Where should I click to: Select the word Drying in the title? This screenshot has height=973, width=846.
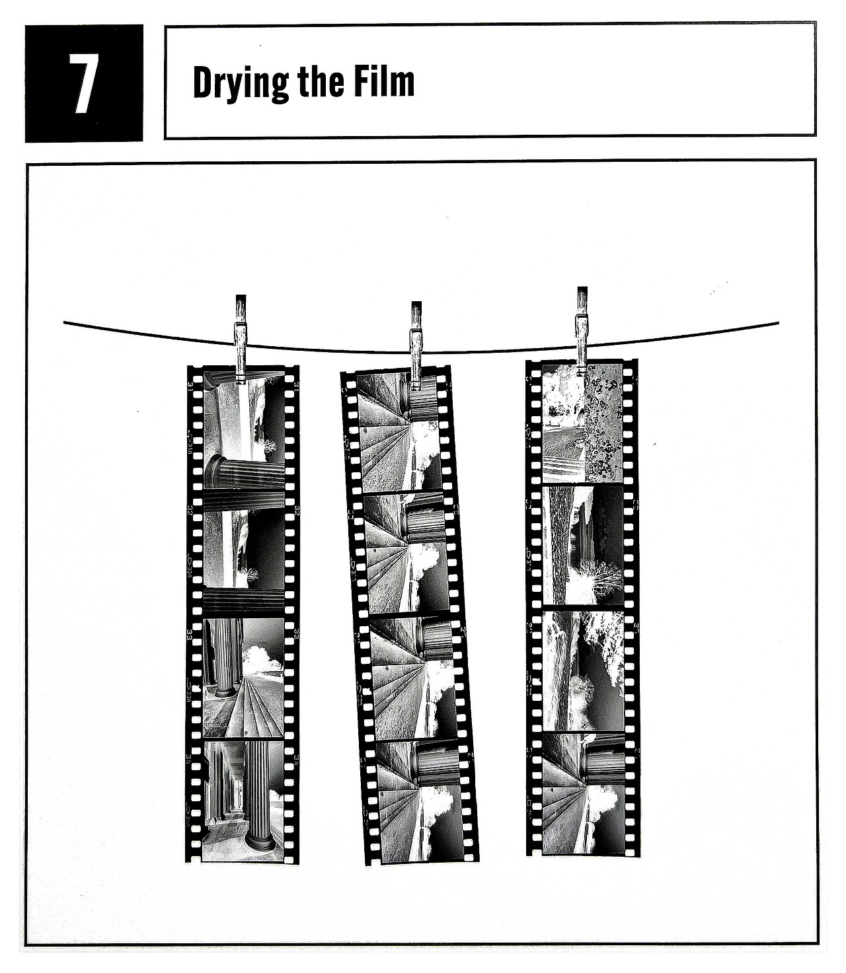click(241, 84)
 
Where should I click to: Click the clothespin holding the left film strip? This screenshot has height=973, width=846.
click(241, 339)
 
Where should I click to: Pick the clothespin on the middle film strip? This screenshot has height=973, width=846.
click(416, 344)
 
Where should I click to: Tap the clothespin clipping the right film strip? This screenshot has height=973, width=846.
click(582, 331)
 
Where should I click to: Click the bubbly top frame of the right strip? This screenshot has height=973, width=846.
click(582, 423)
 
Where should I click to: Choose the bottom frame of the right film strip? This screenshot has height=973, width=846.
click(584, 793)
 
